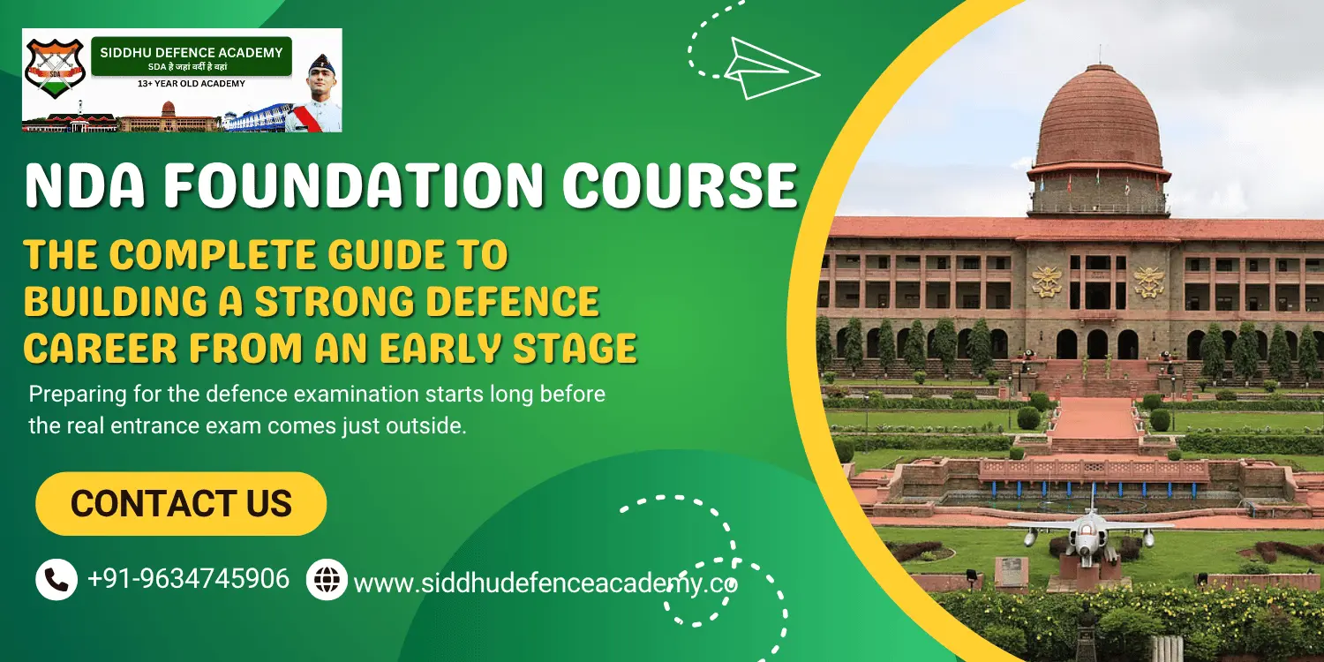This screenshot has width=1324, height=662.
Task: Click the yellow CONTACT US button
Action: (x=181, y=504)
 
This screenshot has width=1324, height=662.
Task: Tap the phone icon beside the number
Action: (x=56, y=580)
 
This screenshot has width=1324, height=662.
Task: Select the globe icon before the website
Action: (x=327, y=580)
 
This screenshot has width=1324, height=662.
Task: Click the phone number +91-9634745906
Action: (x=188, y=579)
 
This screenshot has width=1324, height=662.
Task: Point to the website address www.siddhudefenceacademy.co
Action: (x=545, y=583)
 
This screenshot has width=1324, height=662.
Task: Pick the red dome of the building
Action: (x=1099, y=119)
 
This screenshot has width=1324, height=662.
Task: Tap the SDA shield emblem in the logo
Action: (x=54, y=69)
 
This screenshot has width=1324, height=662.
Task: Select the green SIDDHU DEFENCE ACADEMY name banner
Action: (x=191, y=56)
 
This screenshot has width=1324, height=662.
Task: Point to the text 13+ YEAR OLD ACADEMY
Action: (x=191, y=84)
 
